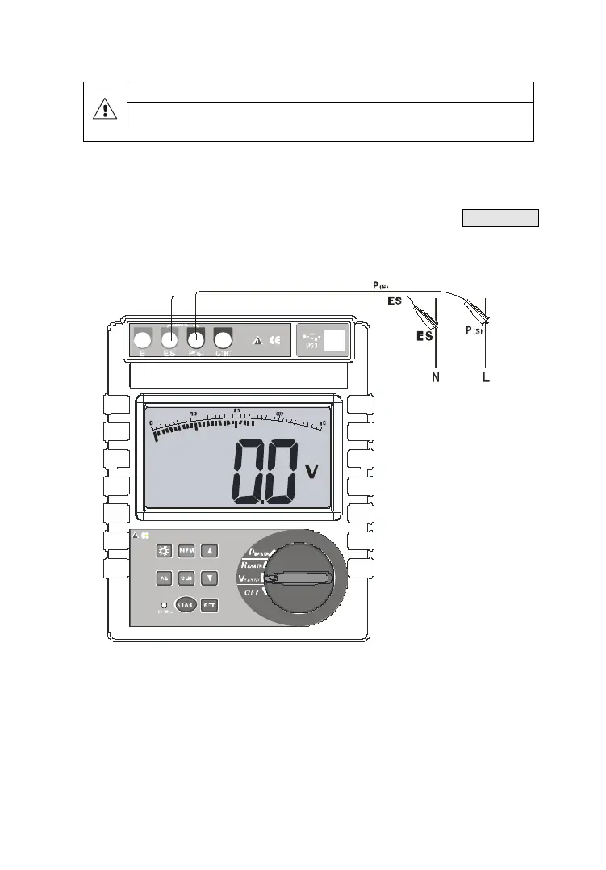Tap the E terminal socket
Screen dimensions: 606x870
click(143, 339)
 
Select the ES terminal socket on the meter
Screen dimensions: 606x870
click(170, 339)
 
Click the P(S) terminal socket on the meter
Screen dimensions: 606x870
click(196, 339)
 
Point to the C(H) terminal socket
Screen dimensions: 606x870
click(224, 339)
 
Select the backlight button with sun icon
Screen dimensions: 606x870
click(165, 551)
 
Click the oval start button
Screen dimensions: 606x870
click(186, 604)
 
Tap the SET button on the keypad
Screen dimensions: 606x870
click(210, 604)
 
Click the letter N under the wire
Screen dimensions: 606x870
click(436, 378)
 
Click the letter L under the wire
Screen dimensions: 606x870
click(486, 378)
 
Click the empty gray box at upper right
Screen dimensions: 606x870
click(500, 218)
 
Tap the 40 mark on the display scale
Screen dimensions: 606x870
click(323, 422)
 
